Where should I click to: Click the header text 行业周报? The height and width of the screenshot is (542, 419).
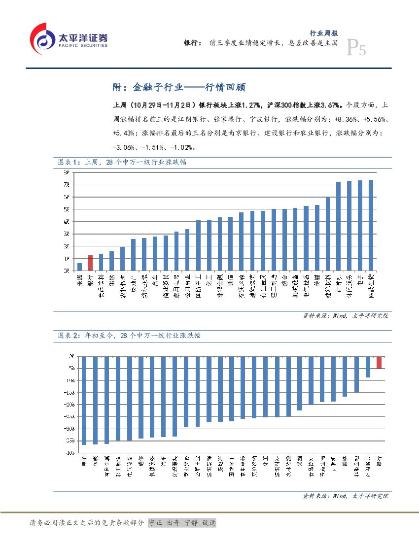point(323,33)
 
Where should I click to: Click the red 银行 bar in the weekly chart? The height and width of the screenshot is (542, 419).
point(90,263)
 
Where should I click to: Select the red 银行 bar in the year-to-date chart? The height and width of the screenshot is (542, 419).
point(379,362)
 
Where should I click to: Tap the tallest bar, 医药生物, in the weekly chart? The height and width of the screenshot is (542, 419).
point(371,225)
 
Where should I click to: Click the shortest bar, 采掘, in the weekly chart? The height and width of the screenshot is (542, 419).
point(79,267)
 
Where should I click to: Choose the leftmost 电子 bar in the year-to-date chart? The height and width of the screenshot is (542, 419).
point(84,400)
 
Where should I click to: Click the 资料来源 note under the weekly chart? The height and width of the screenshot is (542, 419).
point(345,315)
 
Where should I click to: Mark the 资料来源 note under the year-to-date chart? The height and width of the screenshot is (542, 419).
point(345,496)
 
